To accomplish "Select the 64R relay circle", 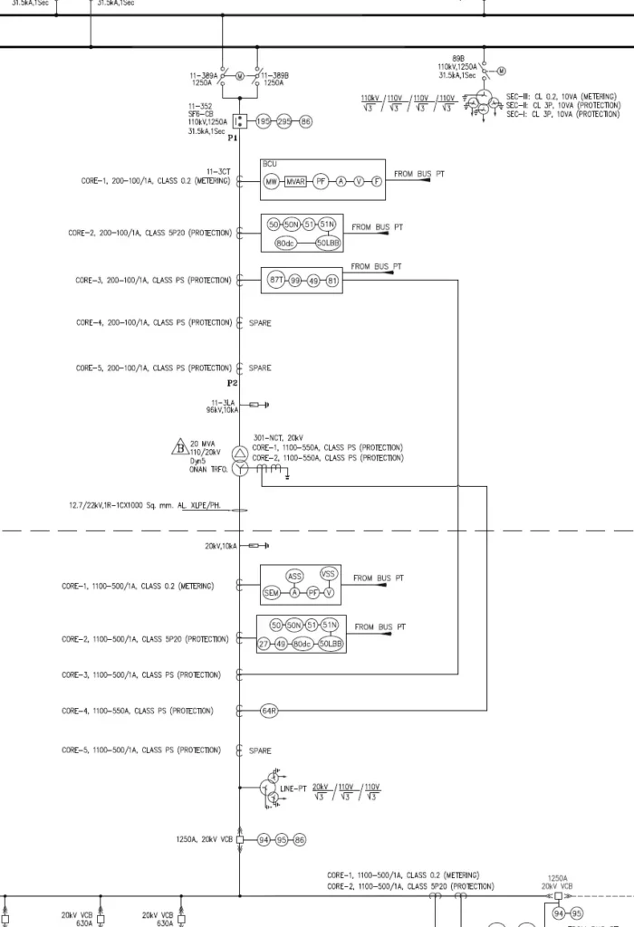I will pyautogui.click(x=269, y=712).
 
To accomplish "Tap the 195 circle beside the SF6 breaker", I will pyautogui.click(x=264, y=121).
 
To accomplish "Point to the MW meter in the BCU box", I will pyautogui.click(x=271, y=182).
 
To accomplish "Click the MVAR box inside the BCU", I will pyautogui.click(x=296, y=182).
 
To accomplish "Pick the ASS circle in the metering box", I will pyautogui.click(x=294, y=576).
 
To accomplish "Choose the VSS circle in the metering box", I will pyautogui.click(x=329, y=573).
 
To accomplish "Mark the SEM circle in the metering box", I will pyautogui.click(x=271, y=593).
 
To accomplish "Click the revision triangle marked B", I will pyautogui.click(x=178, y=446).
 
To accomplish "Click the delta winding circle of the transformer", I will pyautogui.click(x=241, y=453).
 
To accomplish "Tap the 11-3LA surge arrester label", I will pyautogui.click(x=224, y=400).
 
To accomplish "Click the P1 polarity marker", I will pyautogui.click(x=233, y=139).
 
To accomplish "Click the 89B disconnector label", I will pyautogui.click(x=458, y=57).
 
